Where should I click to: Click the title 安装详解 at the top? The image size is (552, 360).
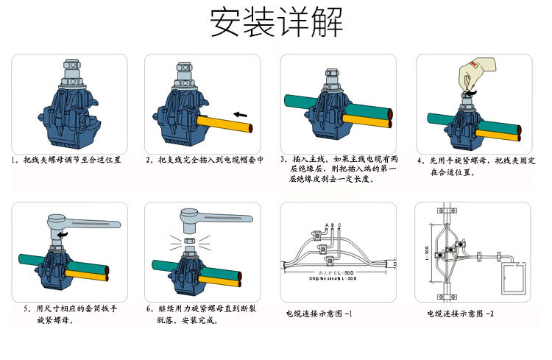(276, 23)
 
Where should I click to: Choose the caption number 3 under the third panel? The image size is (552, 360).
(283, 159)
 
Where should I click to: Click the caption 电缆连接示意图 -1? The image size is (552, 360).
(319, 314)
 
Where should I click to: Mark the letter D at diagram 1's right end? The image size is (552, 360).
(395, 263)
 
